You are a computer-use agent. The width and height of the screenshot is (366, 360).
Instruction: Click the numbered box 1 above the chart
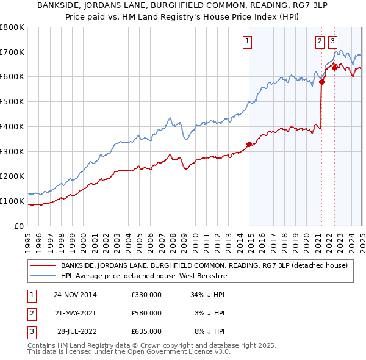(x=248, y=41)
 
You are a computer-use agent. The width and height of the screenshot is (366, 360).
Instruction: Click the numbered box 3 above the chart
(x=332, y=41)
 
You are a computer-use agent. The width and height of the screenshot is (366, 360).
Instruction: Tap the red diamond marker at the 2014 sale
(x=249, y=144)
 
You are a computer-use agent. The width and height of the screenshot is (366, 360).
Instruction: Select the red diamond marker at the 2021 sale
(x=321, y=81)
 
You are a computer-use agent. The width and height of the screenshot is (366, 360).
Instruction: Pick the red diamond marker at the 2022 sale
(x=334, y=68)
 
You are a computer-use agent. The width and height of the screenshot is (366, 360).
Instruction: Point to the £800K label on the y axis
(x=12, y=27)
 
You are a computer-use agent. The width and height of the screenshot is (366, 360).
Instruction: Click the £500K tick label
(x=12, y=102)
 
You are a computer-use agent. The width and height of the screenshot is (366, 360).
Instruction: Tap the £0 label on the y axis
(x=18, y=226)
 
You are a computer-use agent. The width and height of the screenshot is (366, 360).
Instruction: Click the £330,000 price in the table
(x=146, y=295)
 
